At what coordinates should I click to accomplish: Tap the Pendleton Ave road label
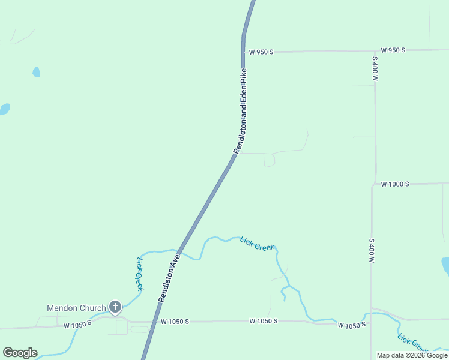pos(169,277)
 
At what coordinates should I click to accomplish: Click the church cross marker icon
pos(115,307)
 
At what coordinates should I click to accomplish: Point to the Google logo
pos(20,353)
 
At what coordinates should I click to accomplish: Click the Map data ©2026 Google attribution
pos(412,355)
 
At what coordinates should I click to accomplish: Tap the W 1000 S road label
pos(394,184)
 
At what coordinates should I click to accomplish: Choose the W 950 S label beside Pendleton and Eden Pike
pos(261,52)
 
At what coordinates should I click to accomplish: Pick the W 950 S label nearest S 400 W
pos(393,50)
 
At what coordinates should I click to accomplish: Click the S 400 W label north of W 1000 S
pos(375,69)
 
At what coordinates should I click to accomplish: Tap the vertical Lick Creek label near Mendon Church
pos(139,274)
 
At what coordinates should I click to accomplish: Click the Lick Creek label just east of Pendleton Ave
pos(258,244)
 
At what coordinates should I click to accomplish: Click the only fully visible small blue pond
pos(36,72)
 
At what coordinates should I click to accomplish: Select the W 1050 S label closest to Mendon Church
pos(77,324)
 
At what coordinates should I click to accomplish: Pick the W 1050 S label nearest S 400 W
pos(352,325)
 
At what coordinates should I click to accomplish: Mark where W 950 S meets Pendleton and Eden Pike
pos(243,52)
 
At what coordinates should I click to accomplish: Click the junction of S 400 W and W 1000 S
pos(373,184)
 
